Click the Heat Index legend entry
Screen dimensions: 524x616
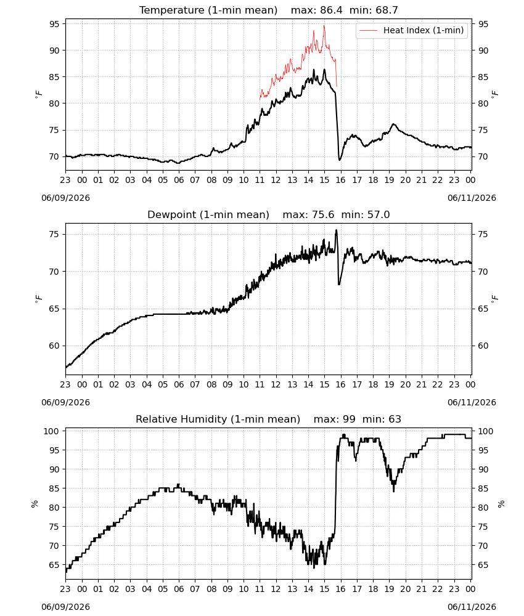412,30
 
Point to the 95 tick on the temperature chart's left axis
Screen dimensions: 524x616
54,24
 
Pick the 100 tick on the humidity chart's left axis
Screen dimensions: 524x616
52,431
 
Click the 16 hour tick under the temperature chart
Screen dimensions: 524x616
340,180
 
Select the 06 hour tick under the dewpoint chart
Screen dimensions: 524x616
179,384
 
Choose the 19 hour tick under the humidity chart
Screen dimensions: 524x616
389,590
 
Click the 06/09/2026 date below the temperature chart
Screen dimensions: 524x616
65,198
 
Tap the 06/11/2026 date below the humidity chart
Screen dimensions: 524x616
472,607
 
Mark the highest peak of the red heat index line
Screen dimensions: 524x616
324,25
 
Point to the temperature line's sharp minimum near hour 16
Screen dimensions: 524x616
340,160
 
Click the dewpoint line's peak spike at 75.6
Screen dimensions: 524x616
336,230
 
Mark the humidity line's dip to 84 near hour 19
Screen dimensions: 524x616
393,491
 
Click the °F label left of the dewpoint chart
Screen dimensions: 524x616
38,299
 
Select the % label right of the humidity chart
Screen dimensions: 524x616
501,504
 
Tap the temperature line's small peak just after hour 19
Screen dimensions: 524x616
393,124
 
